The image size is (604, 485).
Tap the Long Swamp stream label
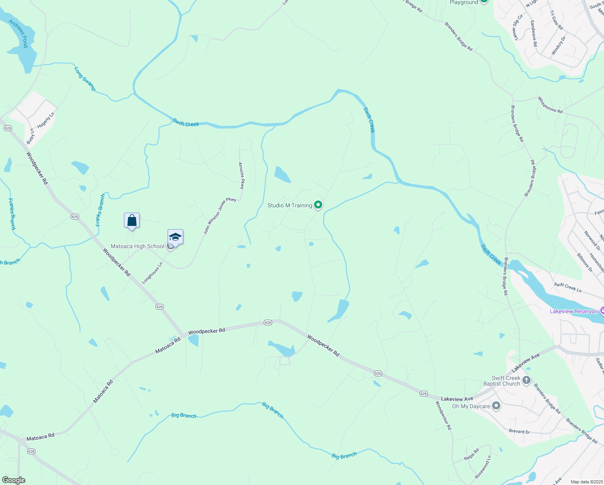coord(85,79)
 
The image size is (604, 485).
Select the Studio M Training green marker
coord(318,205)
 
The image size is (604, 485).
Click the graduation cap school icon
coord(175,237)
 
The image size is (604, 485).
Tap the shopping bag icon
coord(132,221)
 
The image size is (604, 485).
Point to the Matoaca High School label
coord(137,246)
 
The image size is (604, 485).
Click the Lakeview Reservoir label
coord(574,311)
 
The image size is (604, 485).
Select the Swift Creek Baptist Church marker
coord(526,380)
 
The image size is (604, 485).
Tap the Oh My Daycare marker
coord(496,406)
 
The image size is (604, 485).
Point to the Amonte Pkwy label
coord(241,176)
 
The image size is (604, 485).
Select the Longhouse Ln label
coord(152,273)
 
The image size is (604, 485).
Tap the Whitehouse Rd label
coord(550,105)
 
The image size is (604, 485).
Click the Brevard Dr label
coord(519,431)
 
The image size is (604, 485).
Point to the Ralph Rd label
coord(471,454)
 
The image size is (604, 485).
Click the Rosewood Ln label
coord(483,467)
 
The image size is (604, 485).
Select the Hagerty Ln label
coord(46,120)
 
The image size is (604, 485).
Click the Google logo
coord(13,480)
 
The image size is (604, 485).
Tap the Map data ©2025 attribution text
coord(586,482)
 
